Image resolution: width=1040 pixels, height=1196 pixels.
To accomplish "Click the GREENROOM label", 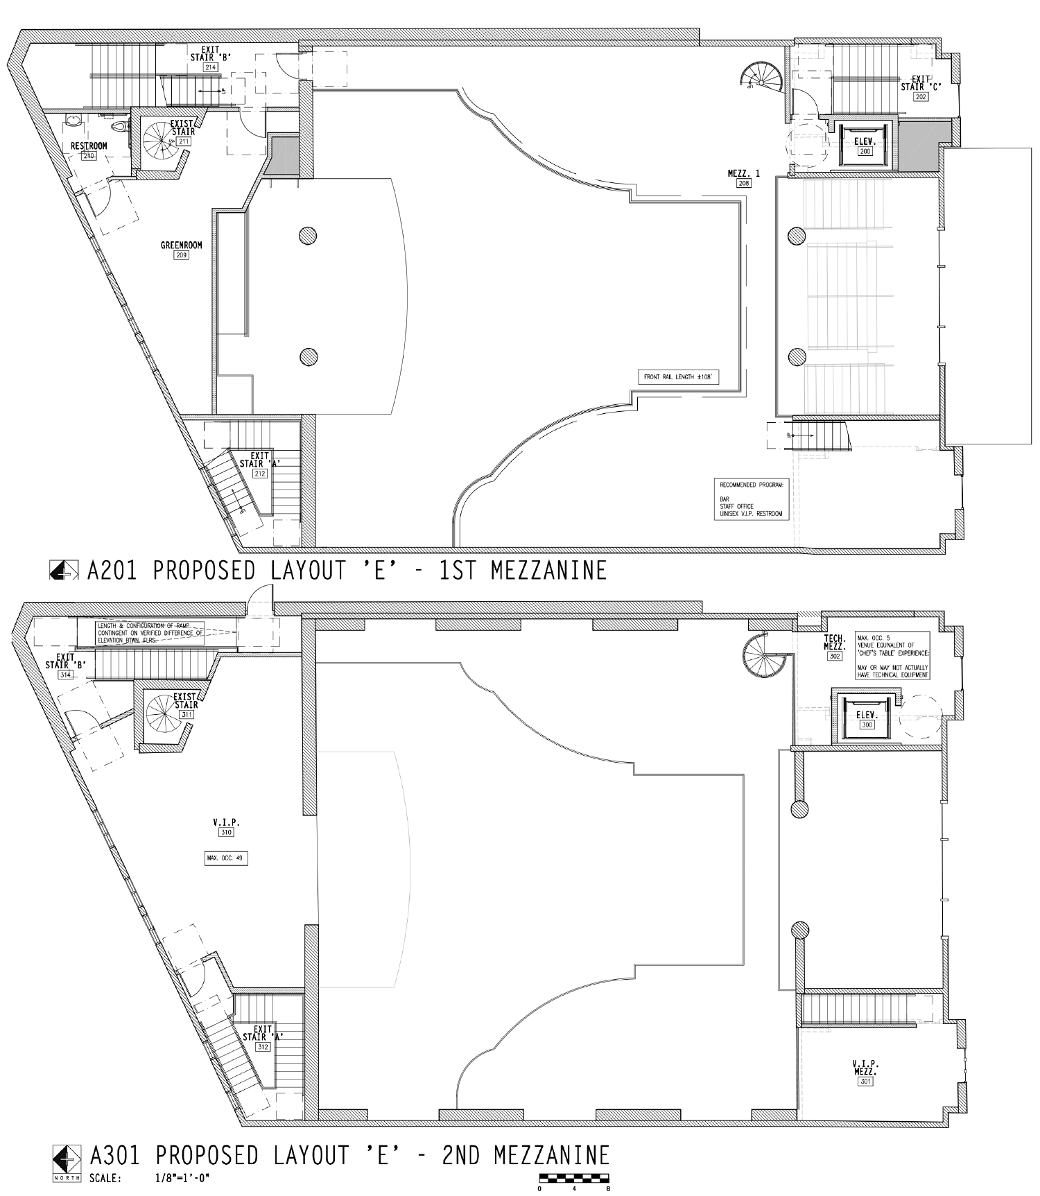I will pyautogui.click(x=182, y=245).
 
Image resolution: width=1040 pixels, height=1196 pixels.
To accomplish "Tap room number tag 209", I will pyautogui.click(x=182, y=256).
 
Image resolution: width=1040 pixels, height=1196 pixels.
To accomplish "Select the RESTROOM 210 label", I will pyautogui.click(x=89, y=150).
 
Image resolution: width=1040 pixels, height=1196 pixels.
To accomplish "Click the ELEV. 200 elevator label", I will pyautogui.click(x=865, y=146).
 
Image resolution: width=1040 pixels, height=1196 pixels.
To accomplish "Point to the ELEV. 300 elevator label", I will pyautogui.click(x=867, y=719).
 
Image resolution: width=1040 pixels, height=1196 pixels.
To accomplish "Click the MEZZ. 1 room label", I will pyautogui.click(x=743, y=177).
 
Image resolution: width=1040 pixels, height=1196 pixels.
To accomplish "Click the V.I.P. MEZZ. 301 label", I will pyautogui.click(x=865, y=1071).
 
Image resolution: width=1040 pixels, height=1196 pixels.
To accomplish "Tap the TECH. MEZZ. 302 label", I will pyautogui.click(x=835, y=646).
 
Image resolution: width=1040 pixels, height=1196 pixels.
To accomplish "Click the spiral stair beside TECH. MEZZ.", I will pyautogui.click(x=763, y=656).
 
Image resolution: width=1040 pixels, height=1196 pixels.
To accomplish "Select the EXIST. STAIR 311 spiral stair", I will pyautogui.click(x=165, y=716).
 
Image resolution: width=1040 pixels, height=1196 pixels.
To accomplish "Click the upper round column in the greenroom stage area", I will pyautogui.click(x=308, y=236).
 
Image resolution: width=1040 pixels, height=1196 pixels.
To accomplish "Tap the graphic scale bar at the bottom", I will pyautogui.click(x=573, y=1177).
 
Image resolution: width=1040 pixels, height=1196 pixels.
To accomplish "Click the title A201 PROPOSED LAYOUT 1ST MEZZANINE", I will pyautogui.click(x=347, y=571).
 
